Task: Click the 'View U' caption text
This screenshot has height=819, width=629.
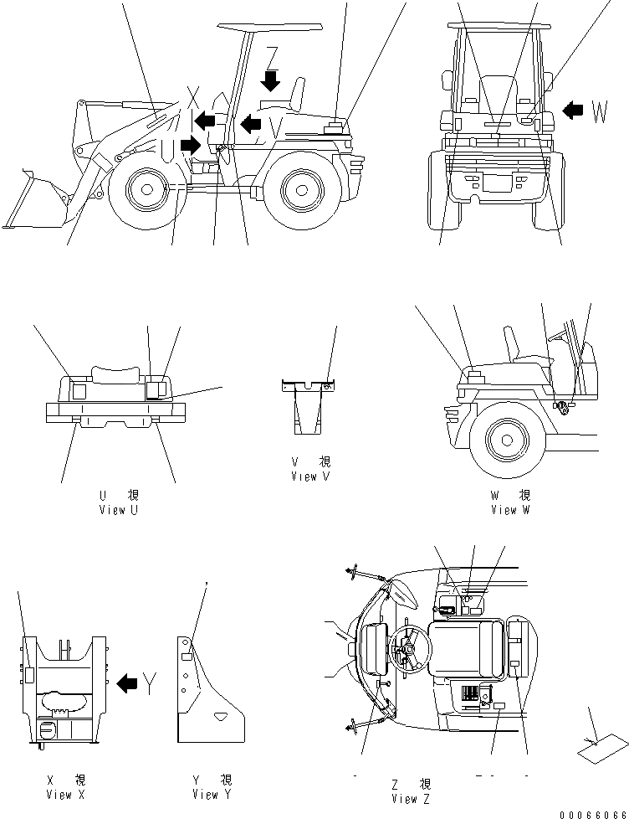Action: [x=117, y=510]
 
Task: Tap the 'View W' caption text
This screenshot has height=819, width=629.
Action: [x=510, y=510]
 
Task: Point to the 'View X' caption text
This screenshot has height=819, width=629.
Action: [x=65, y=795]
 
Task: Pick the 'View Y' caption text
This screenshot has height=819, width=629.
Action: [x=211, y=795]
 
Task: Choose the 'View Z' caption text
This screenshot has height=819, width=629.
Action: [x=411, y=799]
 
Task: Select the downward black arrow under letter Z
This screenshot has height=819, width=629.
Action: [x=271, y=81]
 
